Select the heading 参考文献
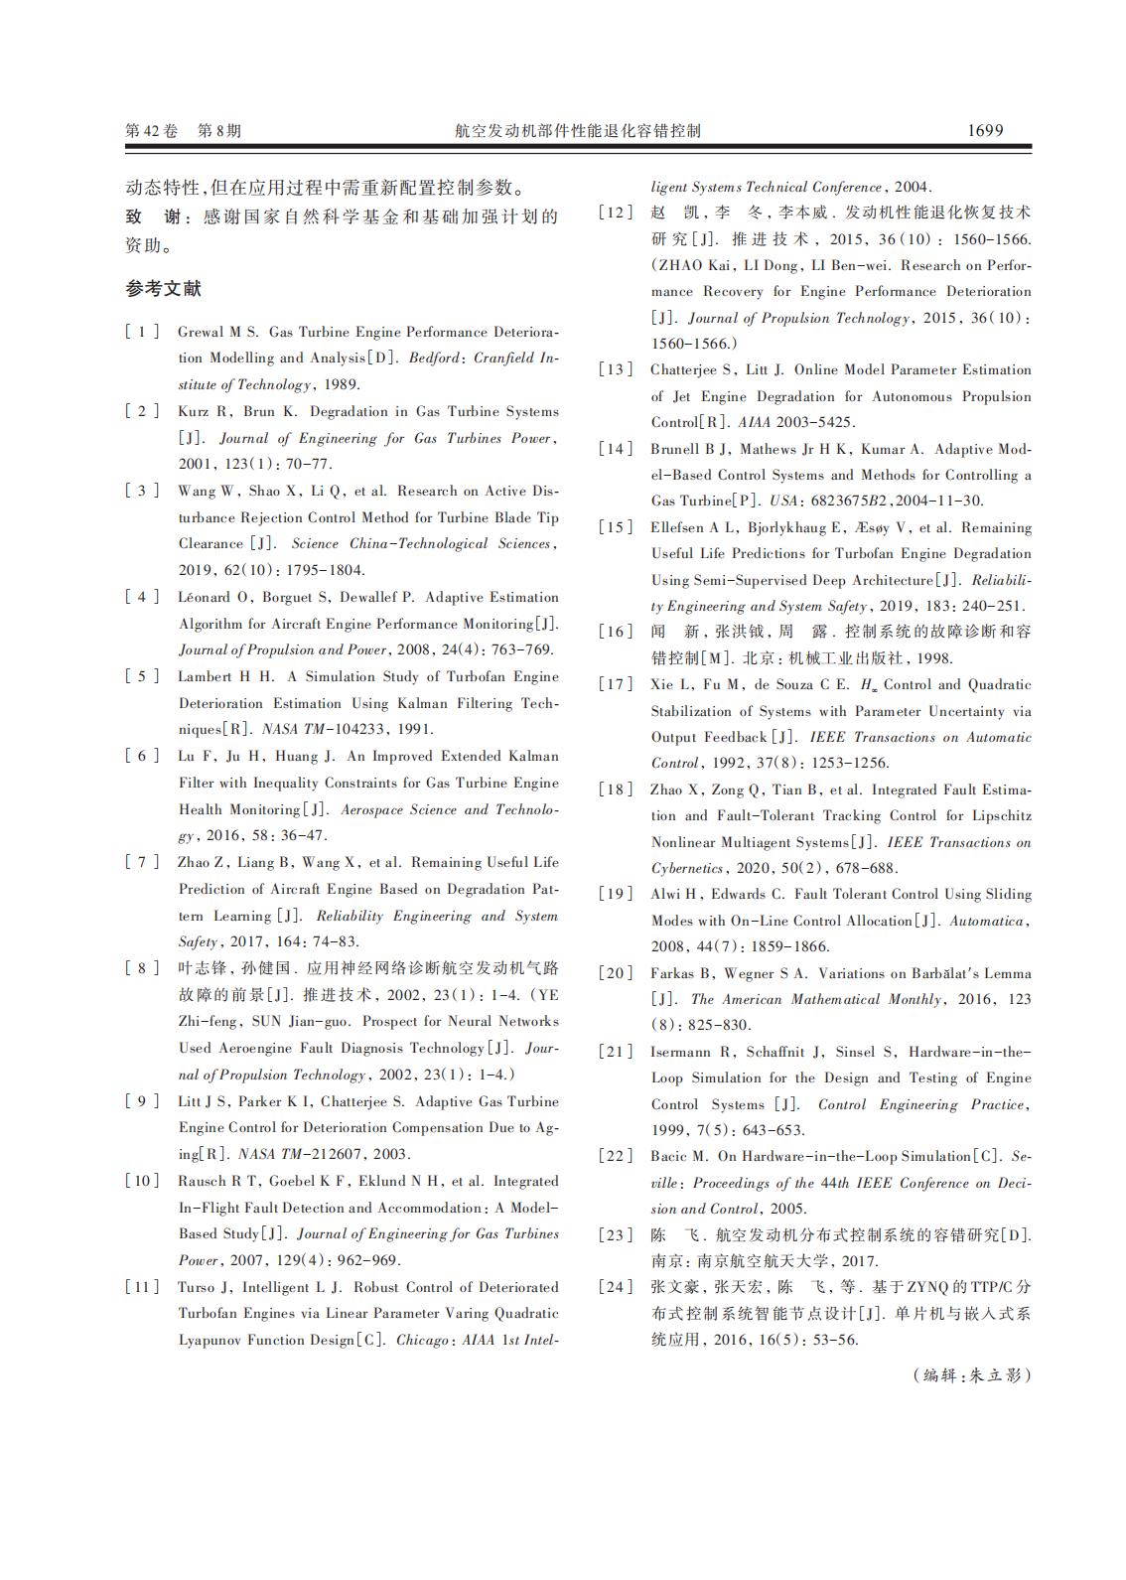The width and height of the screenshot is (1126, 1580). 163,289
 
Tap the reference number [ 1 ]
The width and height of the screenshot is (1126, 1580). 141,332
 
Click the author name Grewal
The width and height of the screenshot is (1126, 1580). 202,332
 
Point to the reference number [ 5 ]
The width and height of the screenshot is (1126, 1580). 141,676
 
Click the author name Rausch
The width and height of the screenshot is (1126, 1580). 202,1181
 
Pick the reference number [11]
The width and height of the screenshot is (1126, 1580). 141,1287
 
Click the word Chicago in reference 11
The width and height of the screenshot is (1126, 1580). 422,1340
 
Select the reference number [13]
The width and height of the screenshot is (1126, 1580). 615,369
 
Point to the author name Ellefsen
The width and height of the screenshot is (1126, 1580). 680,527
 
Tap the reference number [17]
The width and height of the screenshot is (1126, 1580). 615,684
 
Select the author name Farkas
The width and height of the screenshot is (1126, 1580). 673,973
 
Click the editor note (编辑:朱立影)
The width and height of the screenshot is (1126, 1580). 971,1375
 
